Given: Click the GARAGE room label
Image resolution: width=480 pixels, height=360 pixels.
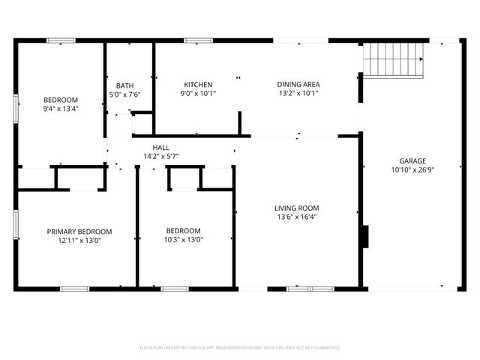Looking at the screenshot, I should tap(412, 160).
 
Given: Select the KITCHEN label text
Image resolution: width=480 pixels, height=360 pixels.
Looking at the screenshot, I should tap(199, 85).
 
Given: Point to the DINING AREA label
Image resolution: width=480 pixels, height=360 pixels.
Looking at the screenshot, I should tap(299, 85).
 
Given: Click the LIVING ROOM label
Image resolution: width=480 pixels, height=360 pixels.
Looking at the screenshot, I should tap(297, 208).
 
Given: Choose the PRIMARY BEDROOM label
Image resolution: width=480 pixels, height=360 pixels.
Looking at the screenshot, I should tap(79, 231).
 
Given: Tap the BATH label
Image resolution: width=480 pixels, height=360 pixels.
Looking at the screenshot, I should tap(124, 85).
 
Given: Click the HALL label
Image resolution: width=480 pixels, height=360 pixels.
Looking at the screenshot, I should tap(160, 148).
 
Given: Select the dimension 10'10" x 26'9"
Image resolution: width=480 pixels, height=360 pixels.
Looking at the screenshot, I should tap(412, 169).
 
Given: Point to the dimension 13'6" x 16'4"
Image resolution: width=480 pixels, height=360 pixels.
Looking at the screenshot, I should tap(297, 217).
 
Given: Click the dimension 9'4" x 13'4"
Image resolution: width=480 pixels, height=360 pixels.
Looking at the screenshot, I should tap(61, 109).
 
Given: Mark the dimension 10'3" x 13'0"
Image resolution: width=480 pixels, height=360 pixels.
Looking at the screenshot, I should tap(184, 240).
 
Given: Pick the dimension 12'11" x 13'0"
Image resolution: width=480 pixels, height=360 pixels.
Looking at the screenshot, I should tap(79, 240).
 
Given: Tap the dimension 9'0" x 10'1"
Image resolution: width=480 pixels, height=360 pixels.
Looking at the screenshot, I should tap(199, 94).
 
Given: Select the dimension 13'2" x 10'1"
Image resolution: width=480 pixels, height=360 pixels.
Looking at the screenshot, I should tap(299, 94).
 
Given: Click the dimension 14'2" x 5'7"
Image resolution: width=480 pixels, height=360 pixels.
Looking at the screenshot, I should tap(160, 157).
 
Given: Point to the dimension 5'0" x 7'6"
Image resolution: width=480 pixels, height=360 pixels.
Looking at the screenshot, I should tap(124, 94).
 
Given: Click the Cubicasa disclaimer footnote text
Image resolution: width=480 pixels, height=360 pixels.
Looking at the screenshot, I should tap(240, 348).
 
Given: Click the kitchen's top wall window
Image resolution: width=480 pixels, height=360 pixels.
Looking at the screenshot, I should tap(199, 40).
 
